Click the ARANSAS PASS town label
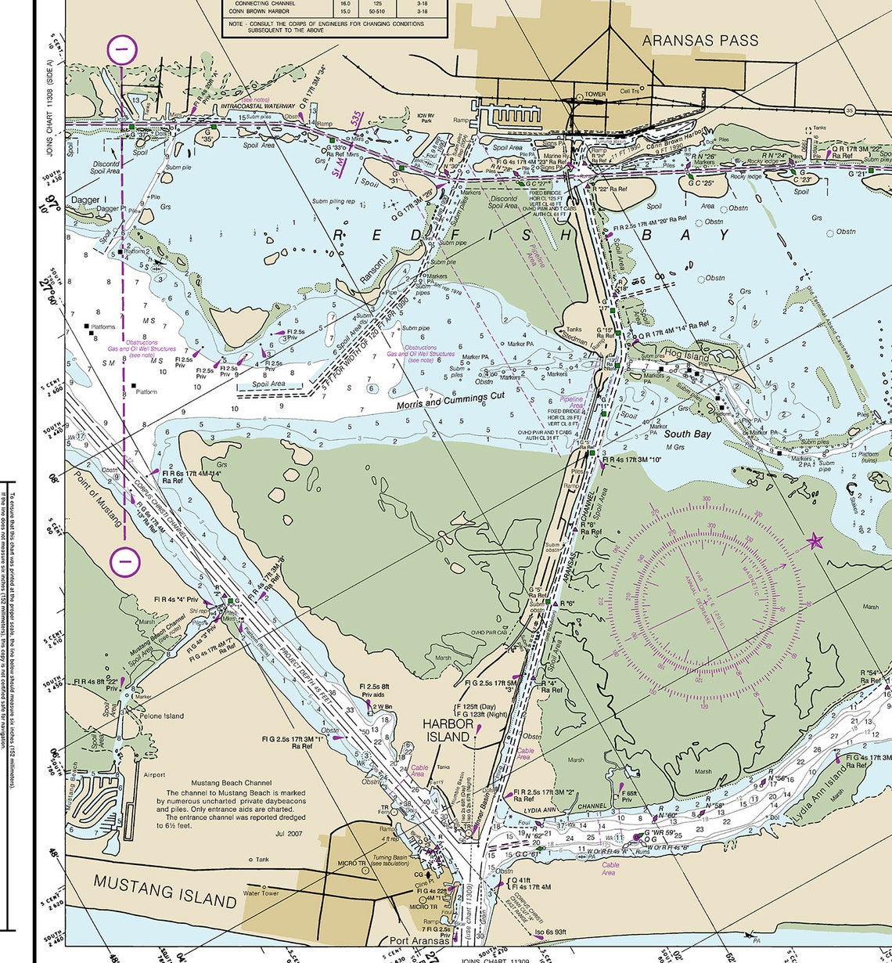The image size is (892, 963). pos(700,40)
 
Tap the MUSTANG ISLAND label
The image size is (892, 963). pos(165,890)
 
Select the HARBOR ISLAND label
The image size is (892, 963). pos(447,730)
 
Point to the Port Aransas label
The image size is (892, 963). pos(421,940)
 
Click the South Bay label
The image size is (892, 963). pos(687,433)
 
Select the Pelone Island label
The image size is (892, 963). pos(162,716)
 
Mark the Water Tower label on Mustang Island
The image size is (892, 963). pos(261,893)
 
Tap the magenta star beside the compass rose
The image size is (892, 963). pos(815,541)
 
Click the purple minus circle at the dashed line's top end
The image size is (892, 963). pos(123,50)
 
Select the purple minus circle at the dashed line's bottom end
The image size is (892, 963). pos(125,561)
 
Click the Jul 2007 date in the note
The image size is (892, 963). pos(288,834)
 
